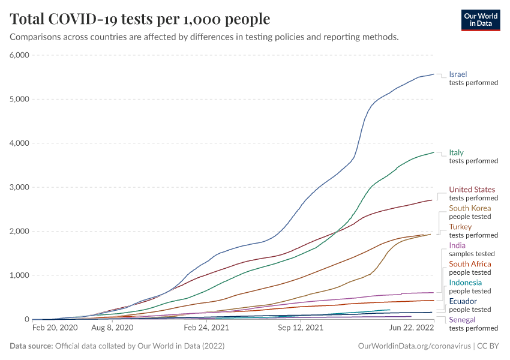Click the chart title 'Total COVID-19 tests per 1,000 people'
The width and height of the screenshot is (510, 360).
(140, 19)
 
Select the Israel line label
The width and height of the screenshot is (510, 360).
(458, 74)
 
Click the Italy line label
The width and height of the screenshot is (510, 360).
(456, 152)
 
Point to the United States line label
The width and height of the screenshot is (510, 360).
(472, 190)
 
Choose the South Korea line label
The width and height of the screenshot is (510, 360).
(470, 208)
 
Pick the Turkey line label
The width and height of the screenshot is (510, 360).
(460, 227)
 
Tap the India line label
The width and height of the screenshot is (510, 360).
(457, 245)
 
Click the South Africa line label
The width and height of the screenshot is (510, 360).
(470, 264)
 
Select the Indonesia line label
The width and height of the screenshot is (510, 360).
(466, 283)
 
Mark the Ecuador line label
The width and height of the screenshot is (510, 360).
(463, 301)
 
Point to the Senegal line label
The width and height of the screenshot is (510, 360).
(462, 320)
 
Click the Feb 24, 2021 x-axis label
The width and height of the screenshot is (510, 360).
(206, 328)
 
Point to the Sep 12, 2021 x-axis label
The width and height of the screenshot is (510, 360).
(301, 328)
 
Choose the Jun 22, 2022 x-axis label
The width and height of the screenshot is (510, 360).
(412, 328)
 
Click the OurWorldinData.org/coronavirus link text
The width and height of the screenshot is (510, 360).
(414, 346)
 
